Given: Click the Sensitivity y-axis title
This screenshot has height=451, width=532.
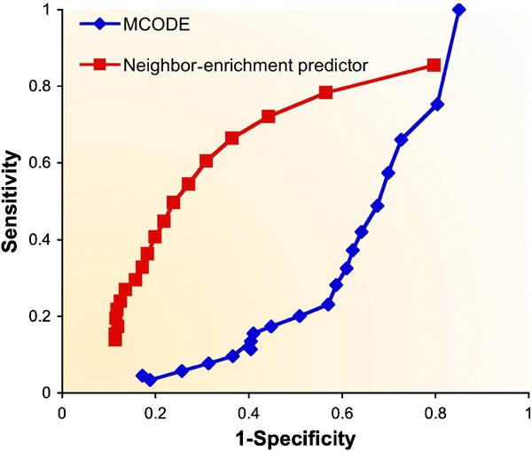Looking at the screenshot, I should [x=12, y=201].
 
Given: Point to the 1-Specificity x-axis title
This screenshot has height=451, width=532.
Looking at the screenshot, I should [x=294, y=438].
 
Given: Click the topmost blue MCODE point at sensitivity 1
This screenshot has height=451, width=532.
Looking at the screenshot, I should [x=458, y=10].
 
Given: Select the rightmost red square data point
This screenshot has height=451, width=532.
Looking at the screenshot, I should [x=434, y=66].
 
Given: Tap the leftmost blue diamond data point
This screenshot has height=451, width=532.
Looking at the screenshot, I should [x=142, y=376].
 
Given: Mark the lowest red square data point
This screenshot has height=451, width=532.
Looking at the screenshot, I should [x=115, y=340].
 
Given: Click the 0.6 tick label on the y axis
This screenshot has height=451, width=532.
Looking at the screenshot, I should [x=42, y=163].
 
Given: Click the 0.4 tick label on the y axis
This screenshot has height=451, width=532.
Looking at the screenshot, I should [x=42, y=239].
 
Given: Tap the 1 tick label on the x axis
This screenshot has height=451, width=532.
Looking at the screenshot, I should [x=528, y=412].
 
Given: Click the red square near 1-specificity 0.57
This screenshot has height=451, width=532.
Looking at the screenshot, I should [x=325, y=93].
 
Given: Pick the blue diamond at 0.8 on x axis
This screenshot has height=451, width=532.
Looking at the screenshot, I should [x=437, y=105].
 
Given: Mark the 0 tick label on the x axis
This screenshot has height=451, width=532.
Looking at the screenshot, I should [x=61, y=412].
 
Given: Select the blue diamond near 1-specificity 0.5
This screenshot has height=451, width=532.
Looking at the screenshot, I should [x=299, y=316].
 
